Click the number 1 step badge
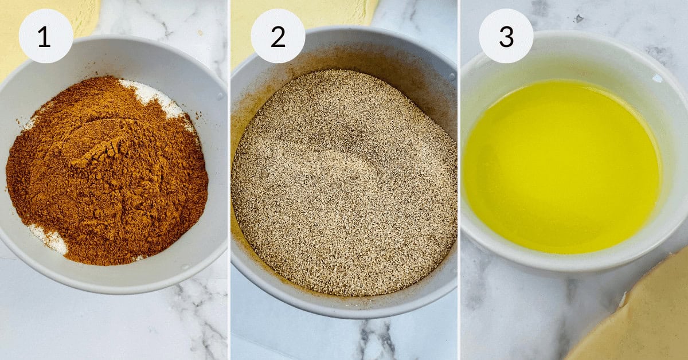[x=45, y=36]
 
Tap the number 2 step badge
[x=278, y=36]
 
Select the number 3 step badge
[x=506, y=36]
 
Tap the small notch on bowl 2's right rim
[x=452, y=76]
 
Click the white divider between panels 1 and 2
[x=229, y=180]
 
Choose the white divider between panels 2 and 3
[x=459, y=180]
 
